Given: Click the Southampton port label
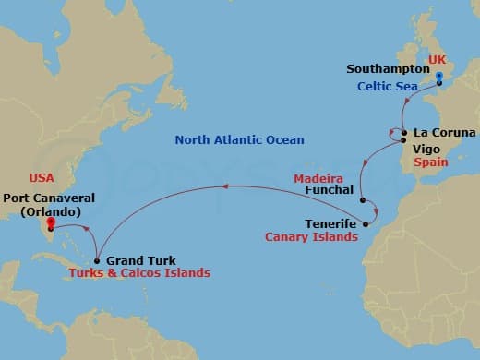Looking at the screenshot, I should click(x=387, y=68).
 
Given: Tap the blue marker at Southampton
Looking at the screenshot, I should click(x=439, y=77).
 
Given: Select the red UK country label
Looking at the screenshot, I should click(x=438, y=54).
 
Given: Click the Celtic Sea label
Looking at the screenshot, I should click(x=390, y=87).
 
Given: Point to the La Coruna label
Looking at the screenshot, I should click(x=444, y=132).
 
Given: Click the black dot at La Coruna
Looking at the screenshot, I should click(x=404, y=134).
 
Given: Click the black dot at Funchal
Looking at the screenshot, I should click(x=363, y=200).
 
